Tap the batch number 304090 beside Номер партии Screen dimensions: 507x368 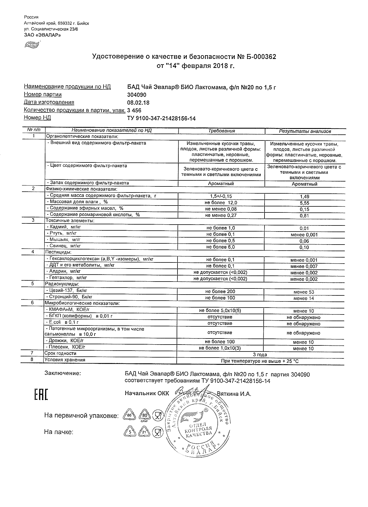click(x=137, y=95)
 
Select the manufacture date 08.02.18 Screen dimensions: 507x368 click(x=138, y=103)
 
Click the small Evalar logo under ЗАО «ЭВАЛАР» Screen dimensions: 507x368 click(x=32, y=45)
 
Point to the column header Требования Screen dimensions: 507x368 click(x=221, y=131)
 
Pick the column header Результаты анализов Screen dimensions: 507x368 click(x=305, y=131)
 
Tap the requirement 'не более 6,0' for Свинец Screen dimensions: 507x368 click(x=221, y=247)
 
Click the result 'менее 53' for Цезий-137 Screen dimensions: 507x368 click(x=304, y=292)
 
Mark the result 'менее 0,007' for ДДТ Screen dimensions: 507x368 click(x=304, y=267)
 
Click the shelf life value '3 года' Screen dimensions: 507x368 click(x=260, y=355)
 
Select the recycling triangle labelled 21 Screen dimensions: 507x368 click(x=144, y=432)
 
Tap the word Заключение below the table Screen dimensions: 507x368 click(x=62, y=373)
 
